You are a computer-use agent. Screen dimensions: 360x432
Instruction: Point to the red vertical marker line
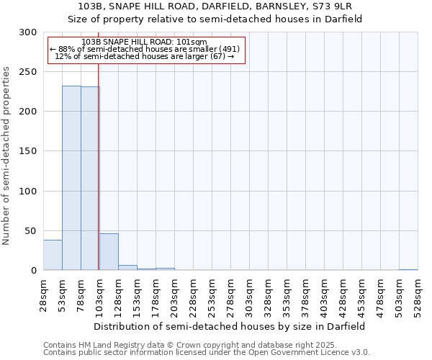click(x=98, y=144)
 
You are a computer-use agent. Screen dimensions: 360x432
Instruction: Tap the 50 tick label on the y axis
click(x=30, y=230)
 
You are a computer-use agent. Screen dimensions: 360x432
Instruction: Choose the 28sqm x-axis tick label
click(x=44, y=295)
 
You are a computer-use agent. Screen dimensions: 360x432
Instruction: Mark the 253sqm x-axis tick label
click(x=212, y=295)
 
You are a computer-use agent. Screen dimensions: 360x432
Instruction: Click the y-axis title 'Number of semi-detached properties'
click(x=6, y=156)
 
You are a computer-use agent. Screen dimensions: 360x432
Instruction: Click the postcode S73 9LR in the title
click(x=330, y=6)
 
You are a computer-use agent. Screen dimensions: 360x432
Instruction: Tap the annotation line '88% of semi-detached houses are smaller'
click(x=147, y=49)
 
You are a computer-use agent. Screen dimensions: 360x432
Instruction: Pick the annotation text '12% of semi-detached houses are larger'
click(x=147, y=56)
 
